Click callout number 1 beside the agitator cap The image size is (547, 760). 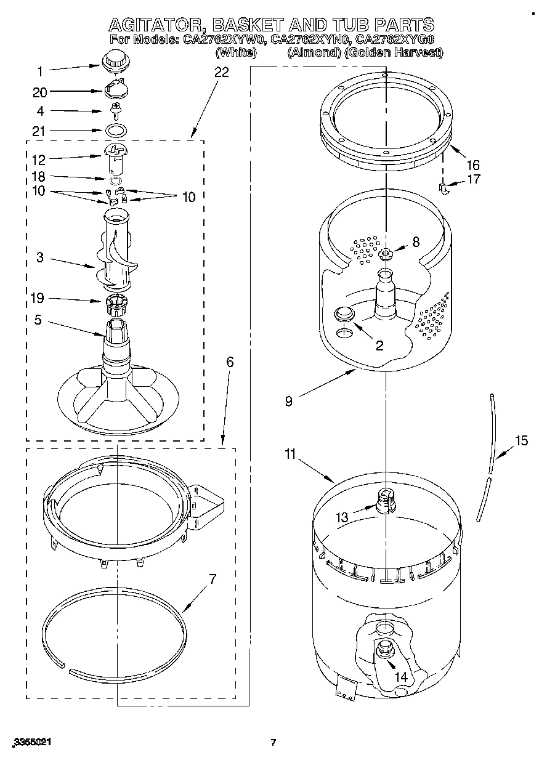tap(41, 71)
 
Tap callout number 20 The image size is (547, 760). tap(40, 92)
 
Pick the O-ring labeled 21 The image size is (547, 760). tap(115, 131)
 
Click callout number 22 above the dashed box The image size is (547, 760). tap(221, 73)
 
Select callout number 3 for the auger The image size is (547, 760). tap(40, 257)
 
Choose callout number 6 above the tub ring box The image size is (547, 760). tap(230, 362)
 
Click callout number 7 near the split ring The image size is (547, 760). tap(213, 579)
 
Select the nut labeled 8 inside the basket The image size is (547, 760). tap(386, 252)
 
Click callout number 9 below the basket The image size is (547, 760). tap(289, 401)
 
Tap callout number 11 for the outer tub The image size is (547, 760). tap(290, 455)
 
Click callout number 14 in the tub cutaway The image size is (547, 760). tap(401, 676)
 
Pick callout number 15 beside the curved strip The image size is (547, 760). tap(522, 440)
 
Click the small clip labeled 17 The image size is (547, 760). tap(442, 187)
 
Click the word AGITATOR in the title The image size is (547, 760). tap(156, 25)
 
